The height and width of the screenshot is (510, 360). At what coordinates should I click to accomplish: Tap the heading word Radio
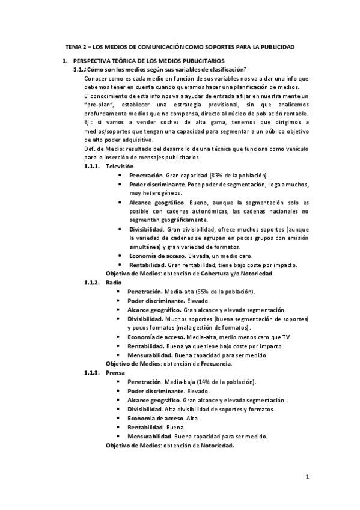tap(113, 282)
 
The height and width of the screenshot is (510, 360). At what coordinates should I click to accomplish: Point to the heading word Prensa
tap(115, 373)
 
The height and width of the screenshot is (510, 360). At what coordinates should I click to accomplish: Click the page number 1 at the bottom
tap(307, 477)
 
